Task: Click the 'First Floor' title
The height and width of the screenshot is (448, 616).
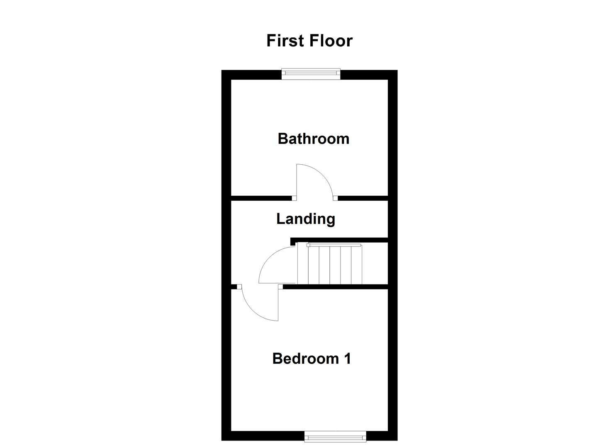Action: (x=309, y=41)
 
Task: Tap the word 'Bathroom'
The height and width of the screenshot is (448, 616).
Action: (x=313, y=139)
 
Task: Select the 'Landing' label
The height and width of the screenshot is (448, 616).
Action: (x=306, y=219)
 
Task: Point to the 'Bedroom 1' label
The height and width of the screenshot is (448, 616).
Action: (x=312, y=358)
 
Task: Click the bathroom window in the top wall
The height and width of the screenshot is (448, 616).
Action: (x=311, y=74)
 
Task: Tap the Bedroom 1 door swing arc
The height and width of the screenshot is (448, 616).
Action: (x=253, y=309)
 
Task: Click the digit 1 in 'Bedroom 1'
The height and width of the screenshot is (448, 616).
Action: (x=347, y=358)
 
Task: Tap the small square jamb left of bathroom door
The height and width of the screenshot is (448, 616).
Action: (x=294, y=198)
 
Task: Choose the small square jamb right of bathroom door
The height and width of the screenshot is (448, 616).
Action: (x=335, y=198)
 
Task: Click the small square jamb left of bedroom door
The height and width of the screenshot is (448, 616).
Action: (x=239, y=287)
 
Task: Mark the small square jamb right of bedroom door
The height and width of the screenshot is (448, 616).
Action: (x=280, y=287)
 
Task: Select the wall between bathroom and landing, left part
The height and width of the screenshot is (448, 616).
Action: (x=261, y=198)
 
